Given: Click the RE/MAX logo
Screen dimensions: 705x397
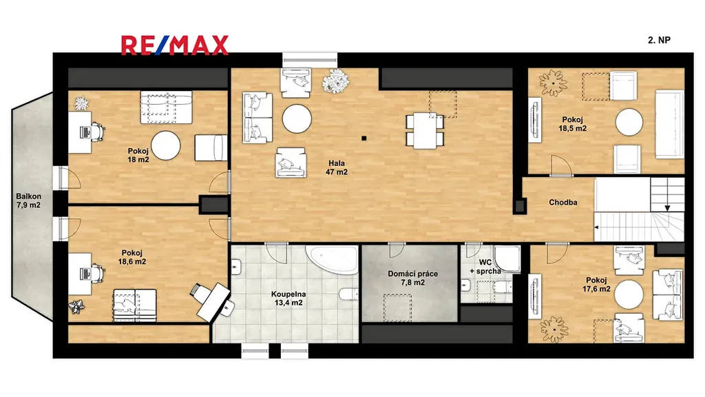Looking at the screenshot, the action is tap(174, 45).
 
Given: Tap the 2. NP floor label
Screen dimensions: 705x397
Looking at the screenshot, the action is tap(659, 40).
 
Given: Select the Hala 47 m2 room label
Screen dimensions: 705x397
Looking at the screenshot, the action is tap(337, 167).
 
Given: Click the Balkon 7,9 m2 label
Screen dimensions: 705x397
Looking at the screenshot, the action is tap(29, 201).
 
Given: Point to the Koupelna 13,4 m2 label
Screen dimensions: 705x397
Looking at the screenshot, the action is tap(288, 298).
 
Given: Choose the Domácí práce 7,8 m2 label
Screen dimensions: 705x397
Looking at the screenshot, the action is tap(413, 278).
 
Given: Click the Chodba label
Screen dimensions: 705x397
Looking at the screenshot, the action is tap(563, 203).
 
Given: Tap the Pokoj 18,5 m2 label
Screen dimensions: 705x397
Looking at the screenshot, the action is tap(572, 124).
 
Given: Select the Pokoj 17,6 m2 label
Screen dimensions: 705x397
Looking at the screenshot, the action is tap(596, 285).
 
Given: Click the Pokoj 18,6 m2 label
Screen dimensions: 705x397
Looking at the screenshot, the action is tap(131, 257).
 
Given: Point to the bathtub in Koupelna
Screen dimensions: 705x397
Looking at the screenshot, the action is tap(333, 259).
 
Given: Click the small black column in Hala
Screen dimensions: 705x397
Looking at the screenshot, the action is tap(364, 138).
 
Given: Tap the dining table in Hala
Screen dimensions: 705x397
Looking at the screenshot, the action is tap(425, 130).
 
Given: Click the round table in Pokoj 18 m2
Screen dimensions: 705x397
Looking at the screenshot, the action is tap(165, 145).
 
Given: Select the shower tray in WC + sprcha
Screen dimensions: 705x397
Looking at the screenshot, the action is tap(507, 259).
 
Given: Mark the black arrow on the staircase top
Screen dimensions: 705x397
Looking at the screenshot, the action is tap(668, 208).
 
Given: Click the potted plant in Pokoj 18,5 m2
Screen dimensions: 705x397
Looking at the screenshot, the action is tap(554, 83).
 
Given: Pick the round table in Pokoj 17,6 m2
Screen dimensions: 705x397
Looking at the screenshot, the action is tap(629, 294).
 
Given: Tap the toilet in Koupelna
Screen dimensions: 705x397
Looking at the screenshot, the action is tap(349, 294).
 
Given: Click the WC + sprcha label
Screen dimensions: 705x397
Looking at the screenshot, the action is tap(485, 267).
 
